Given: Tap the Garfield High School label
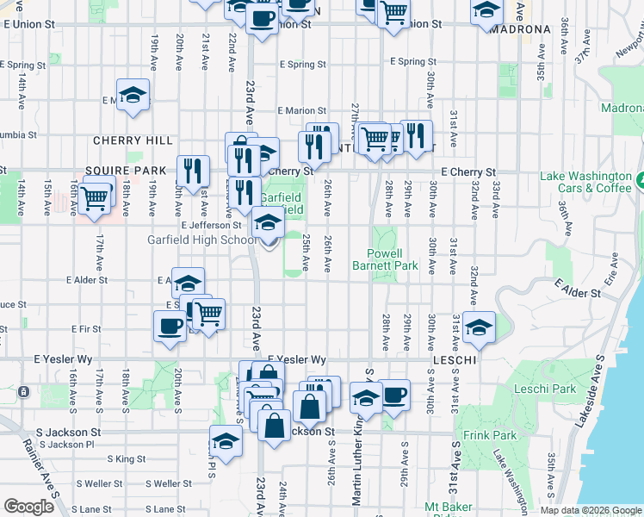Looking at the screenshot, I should [202, 240].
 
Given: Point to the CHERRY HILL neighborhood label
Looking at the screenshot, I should [133, 140].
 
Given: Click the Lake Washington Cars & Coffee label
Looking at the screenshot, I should [585, 182].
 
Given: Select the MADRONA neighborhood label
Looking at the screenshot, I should [519, 29].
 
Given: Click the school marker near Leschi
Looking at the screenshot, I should [479, 327].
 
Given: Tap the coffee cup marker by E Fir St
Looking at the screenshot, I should [170, 326].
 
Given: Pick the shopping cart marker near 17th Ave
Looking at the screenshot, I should [95, 197].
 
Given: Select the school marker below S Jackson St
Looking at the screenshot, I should [226, 440].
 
